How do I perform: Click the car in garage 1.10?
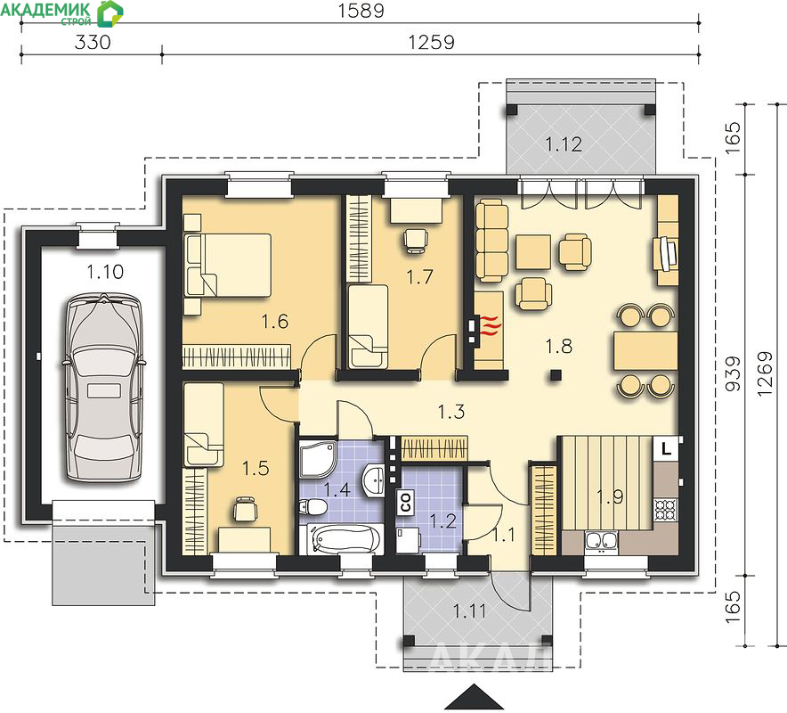pos(104,389)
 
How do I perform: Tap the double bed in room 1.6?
pos(228,266)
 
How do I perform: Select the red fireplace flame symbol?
pos(491,325)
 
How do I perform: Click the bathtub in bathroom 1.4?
pos(342,539)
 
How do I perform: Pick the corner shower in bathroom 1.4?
pos(318,458)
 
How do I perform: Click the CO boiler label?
pos(405,503)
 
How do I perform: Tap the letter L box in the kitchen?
pos(666,447)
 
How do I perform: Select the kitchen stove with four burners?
pos(666,510)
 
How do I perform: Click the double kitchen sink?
pos(601,542)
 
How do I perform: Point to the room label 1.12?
pos(564,144)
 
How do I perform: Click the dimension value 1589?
pos(361,11)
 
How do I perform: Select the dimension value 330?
pos(93,42)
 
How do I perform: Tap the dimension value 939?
pos(734,373)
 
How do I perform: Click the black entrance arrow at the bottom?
pos(475,696)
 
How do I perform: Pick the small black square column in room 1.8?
pos(556,375)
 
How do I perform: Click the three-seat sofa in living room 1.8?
pos(491,240)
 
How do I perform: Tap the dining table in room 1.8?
pos(645,351)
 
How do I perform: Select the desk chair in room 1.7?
pos(416,241)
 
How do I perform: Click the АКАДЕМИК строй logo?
pos(61,13)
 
